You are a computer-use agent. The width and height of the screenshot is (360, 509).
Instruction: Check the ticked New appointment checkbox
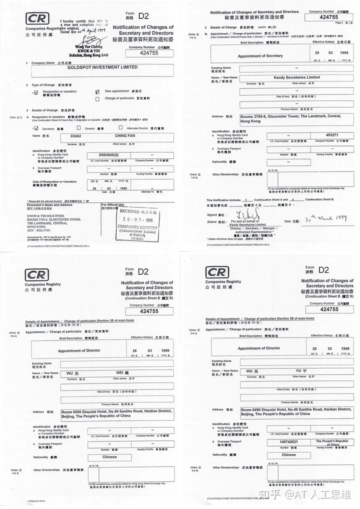click(97, 92)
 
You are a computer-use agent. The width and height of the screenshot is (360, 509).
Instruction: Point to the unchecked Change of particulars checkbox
click(97, 98)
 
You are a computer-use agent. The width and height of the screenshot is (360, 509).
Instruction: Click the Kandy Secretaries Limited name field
click(296, 77)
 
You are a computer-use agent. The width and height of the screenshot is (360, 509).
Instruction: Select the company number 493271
click(332, 135)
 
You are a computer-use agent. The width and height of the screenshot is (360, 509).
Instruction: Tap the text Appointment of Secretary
click(260, 56)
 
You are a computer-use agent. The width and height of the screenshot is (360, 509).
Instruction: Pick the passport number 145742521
click(289, 442)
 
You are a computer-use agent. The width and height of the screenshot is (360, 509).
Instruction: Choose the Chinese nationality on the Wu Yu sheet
click(288, 455)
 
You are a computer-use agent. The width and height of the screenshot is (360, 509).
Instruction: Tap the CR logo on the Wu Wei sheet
click(37, 274)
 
